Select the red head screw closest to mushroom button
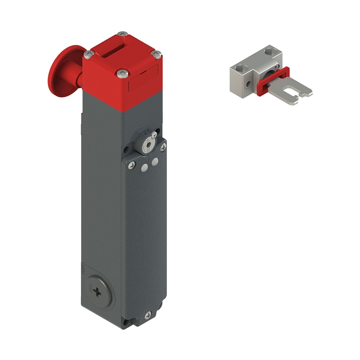pos(89,54)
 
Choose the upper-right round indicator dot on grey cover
pos(154,162)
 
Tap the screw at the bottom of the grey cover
pos(148,315)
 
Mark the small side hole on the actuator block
pos(248,85)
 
